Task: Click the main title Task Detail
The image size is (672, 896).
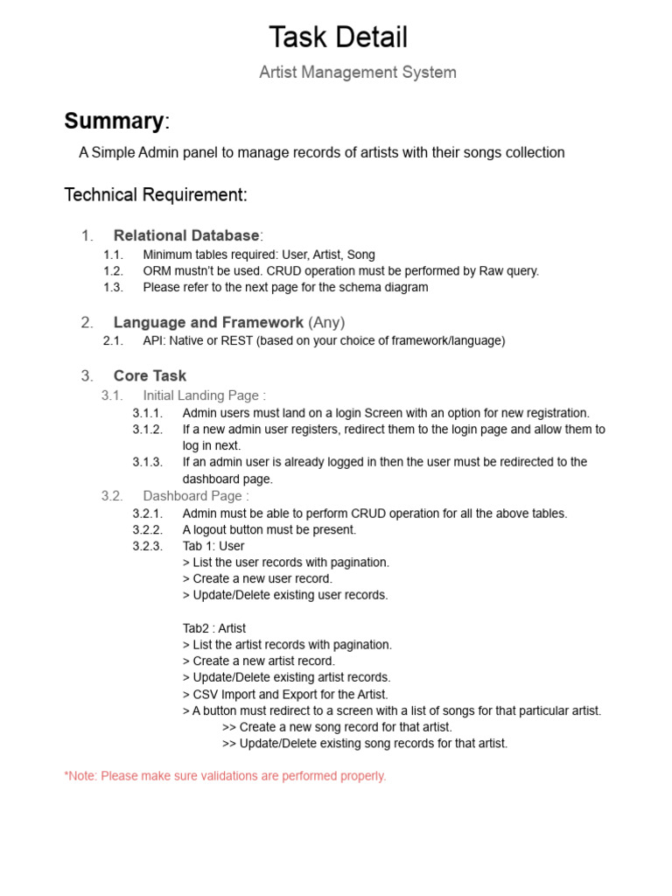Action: [338, 38]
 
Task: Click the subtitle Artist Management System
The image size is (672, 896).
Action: [357, 73]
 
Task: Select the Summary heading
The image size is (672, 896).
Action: [114, 121]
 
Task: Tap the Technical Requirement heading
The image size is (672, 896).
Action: [156, 195]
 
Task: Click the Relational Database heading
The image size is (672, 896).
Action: [186, 235]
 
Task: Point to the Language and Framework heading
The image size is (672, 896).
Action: [208, 322]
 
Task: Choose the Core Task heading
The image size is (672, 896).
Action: [150, 375]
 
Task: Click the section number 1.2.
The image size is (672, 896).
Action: [114, 271]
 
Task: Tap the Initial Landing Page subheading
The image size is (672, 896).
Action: [204, 395]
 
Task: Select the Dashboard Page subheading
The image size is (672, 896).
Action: [196, 496]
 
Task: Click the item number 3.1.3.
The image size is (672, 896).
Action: [148, 462]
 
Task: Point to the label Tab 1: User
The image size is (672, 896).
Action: [213, 546]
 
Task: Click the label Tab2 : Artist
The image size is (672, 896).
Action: [214, 628]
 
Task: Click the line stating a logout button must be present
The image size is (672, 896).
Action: [269, 529]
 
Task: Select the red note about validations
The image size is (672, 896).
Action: [225, 776]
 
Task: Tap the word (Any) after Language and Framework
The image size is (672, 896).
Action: [332, 322]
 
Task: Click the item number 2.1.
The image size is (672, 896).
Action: [114, 341]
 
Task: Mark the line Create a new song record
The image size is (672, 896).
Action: [337, 727]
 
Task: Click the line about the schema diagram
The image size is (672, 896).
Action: [285, 287]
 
